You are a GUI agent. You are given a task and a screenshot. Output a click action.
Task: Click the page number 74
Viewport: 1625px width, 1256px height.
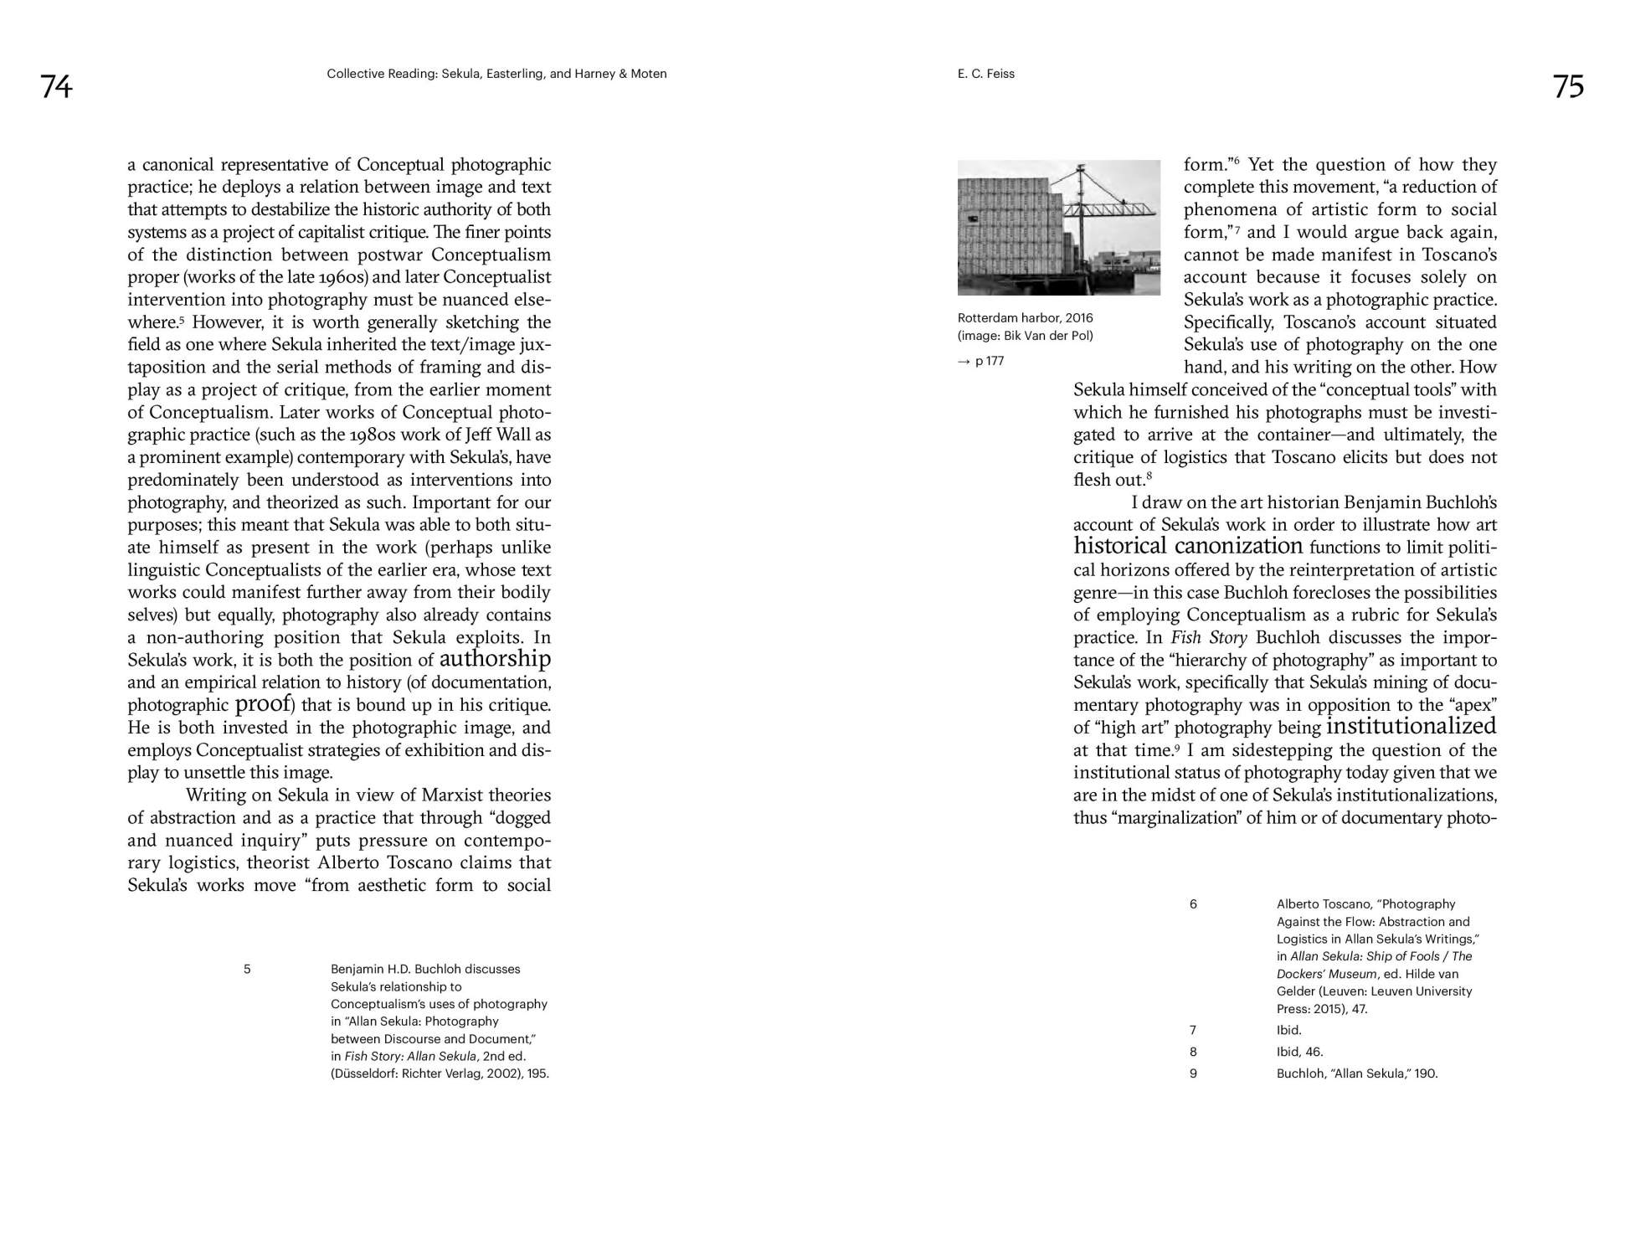pyautogui.click(x=57, y=87)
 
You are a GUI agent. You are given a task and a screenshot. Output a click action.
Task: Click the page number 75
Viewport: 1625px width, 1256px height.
pyautogui.click(x=1568, y=87)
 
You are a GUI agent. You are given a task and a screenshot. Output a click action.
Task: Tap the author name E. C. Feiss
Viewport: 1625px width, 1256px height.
pyautogui.click(x=985, y=74)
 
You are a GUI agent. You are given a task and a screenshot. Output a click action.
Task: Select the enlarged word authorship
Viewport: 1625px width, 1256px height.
pyautogui.click(x=495, y=659)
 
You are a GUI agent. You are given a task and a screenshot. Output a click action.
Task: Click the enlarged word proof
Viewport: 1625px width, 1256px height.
pyautogui.click(x=262, y=703)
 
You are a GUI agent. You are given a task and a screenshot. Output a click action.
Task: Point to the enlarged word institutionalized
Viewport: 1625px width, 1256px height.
pyautogui.click(x=1411, y=726)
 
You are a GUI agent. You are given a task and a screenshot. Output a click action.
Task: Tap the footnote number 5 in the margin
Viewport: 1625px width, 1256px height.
pyautogui.click(x=247, y=969)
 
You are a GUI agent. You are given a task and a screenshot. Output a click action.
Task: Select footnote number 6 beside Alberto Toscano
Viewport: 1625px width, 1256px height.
pyautogui.click(x=1193, y=903)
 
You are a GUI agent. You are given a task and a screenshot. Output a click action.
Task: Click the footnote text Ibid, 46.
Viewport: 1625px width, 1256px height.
pyautogui.click(x=1299, y=1052)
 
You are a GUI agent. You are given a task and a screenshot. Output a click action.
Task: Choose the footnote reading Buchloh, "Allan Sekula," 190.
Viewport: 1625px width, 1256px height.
pyautogui.click(x=1356, y=1073)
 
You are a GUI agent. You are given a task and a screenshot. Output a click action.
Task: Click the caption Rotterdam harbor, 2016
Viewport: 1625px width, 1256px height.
pyautogui.click(x=1025, y=318)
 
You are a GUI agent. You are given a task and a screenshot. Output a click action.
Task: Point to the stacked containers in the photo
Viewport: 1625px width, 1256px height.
pyautogui.click(x=1009, y=230)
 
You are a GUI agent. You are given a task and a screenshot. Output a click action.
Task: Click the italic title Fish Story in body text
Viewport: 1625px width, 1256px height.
pyautogui.click(x=1209, y=637)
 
